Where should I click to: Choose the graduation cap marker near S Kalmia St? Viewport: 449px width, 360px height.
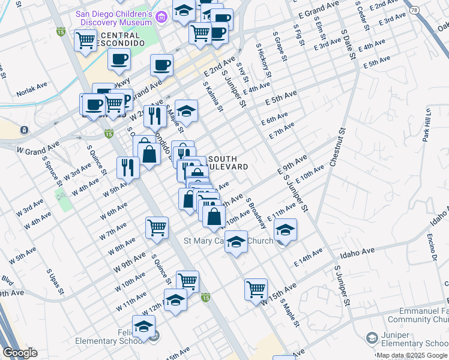187,110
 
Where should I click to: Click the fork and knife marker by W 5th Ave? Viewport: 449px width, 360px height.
128,166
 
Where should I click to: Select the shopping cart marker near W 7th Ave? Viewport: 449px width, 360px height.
157,227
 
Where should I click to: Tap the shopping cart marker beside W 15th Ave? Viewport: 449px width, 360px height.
256,289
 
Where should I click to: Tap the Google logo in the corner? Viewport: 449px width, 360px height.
20,353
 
